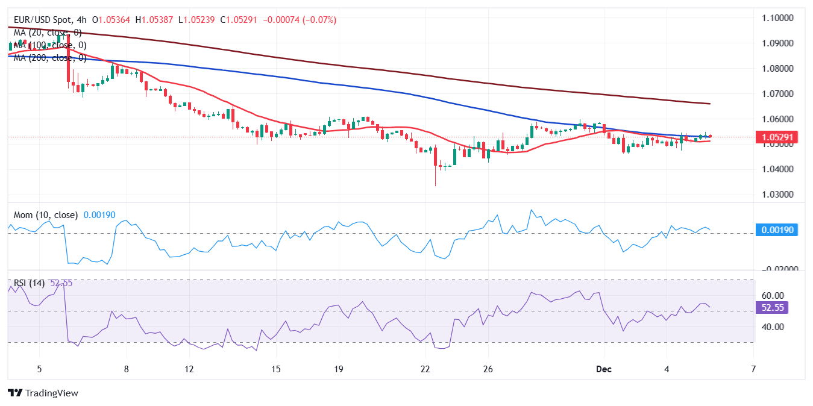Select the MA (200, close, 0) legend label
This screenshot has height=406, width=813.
point(48,58)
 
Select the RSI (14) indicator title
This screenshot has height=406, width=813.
point(29,283)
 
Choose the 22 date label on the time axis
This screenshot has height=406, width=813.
point(425,369)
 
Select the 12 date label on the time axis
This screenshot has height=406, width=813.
point(189,369)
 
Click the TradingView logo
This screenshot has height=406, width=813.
point(43,393)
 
